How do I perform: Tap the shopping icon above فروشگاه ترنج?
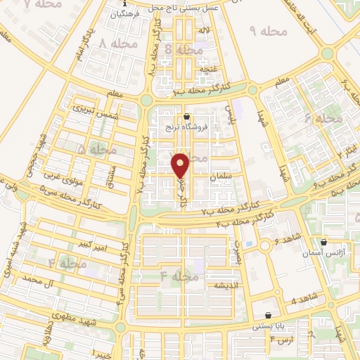186,117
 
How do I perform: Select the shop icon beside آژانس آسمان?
323,241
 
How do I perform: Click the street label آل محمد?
39,279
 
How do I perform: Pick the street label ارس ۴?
281,340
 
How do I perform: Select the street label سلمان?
220,179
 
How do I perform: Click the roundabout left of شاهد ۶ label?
265,247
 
